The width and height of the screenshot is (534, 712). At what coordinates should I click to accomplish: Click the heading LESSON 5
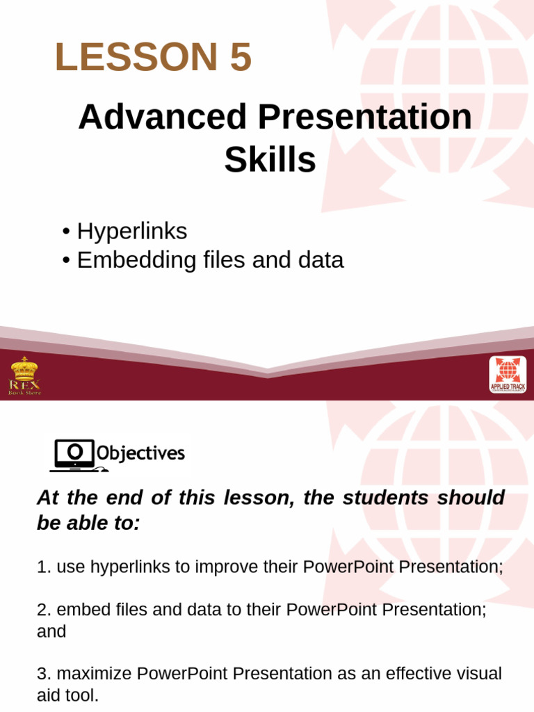(153, 57)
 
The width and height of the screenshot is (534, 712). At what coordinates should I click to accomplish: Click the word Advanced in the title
(163, 117)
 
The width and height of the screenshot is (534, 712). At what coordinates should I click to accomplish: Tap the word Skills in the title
(270, 160)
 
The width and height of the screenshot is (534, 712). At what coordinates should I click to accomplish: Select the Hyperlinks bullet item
(132, 231)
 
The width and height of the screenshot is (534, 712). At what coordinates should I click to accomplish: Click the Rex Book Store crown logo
(24, 376)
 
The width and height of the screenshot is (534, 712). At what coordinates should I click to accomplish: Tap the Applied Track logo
(508, 375)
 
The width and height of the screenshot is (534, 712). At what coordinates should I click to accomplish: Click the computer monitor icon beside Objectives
(72, 455)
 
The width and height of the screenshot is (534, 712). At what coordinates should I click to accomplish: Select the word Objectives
(140, 454)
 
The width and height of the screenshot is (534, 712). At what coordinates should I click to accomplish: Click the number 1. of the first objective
(44, 567)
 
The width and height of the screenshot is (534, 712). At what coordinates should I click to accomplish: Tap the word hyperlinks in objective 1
(113, 567)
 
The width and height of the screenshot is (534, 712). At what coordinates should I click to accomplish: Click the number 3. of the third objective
(44, 674)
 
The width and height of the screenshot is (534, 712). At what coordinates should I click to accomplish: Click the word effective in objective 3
(408, 674)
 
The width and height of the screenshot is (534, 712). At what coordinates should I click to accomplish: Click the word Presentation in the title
(365, 117)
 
